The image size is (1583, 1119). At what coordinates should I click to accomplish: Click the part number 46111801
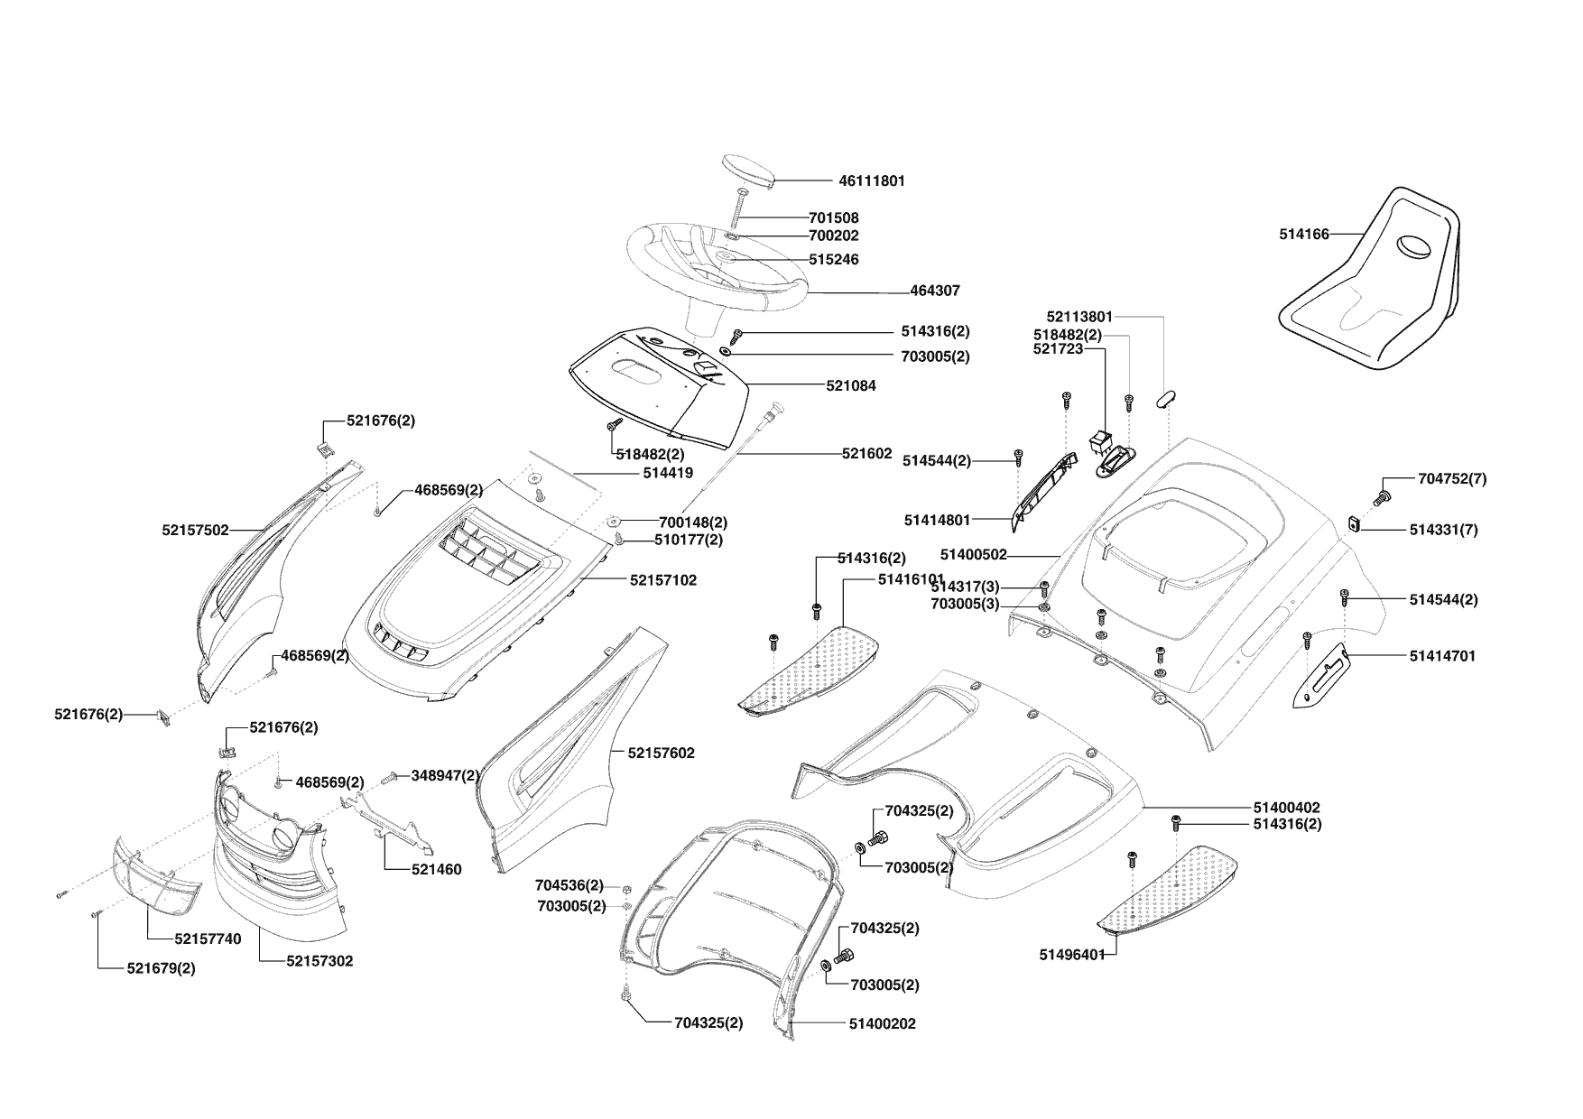pyautogui.click(x=871, y=180)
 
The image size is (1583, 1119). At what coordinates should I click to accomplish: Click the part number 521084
pyautogui.click(x=851, y=385)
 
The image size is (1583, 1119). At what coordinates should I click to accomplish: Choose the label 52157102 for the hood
pyautogui.click(x=663, y=580)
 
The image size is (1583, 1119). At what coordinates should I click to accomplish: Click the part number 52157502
pyautogui.click(x=196, y=530)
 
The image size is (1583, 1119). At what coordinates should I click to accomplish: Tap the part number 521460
pyautogui.click(x=437, y=870)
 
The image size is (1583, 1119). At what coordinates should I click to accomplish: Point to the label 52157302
pyautogui.click(x=319, y=961)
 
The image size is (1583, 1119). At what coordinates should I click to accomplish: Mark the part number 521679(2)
pyautogui.click(x=161, y=968)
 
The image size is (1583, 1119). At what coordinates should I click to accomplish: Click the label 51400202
pyautogui.click(x=882, y=1024)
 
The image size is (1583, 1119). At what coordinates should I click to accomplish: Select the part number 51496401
pyautogui.click(x=1072, y=955)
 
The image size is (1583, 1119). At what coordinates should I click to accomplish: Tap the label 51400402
pyautogui.click(x=1286, y=808)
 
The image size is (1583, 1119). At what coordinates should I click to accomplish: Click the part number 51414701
pyautogui.click(x=1442, y=656)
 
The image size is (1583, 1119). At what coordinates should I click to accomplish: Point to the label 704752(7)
pyautogui.click(x=1452, y=479)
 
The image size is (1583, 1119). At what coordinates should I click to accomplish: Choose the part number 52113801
pyautogui.click(x=1079, y=317)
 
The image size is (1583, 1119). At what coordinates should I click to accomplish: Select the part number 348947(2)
pyautogui.click(x=445, y=775)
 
